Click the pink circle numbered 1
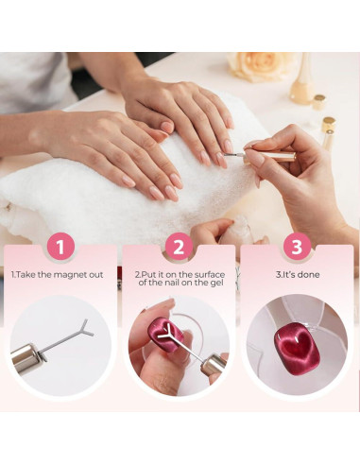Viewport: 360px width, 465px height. pos(60,247)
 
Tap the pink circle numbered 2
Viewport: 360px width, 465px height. pos(179,247)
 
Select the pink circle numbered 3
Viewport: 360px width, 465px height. pos(297,247)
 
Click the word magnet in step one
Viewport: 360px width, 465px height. pos(70,275)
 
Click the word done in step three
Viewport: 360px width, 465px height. pos(308,275)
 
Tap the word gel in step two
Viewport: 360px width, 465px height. pos(216,283)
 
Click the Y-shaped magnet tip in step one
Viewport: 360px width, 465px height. pos(85,329)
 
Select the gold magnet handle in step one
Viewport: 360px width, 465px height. pos(26,358)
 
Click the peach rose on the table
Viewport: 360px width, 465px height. pos(261,66)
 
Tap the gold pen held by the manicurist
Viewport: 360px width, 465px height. pos(266,155)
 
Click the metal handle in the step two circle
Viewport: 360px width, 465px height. pos(214,365)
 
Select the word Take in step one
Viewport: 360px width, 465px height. pos(26,275)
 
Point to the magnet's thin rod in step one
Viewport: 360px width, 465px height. pos(60,341)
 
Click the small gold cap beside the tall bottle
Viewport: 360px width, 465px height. pos(319,102)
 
